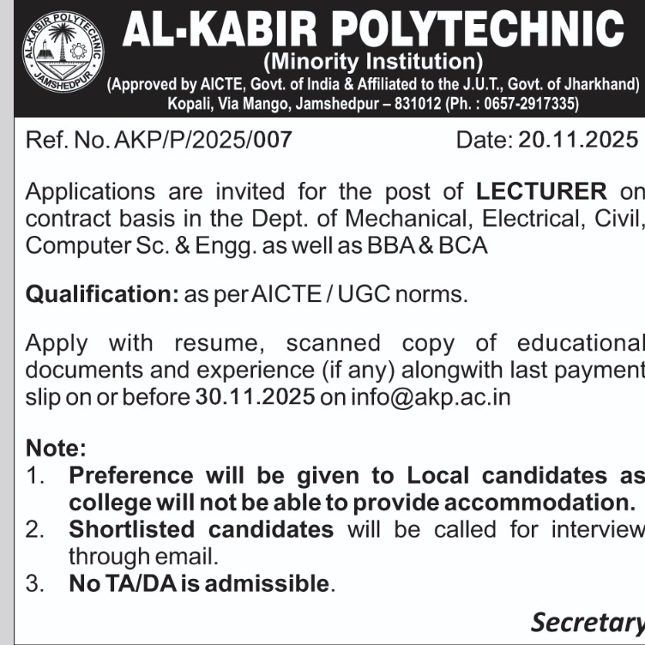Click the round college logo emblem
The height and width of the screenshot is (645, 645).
[59, 58]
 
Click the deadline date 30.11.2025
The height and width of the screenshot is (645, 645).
[255, 397]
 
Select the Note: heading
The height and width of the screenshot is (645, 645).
[57, 448]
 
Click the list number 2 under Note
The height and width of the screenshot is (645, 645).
[34, 529]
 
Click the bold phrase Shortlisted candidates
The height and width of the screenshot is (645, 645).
[201, 529]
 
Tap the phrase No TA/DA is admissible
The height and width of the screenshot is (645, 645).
[199, 584]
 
